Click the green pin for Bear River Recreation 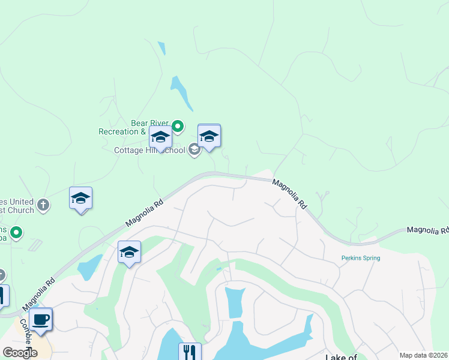coord(178,127)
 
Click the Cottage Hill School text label coord(150,150)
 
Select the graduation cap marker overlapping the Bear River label coord(160,138)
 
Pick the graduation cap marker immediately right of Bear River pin coord(209,136)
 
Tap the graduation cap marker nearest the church coord(80,199)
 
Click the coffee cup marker coord(41,319)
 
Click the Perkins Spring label coord(361,258)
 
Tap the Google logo coord(19,352)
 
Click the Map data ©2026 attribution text coord(423,355)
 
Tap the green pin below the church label coord(16,232)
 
